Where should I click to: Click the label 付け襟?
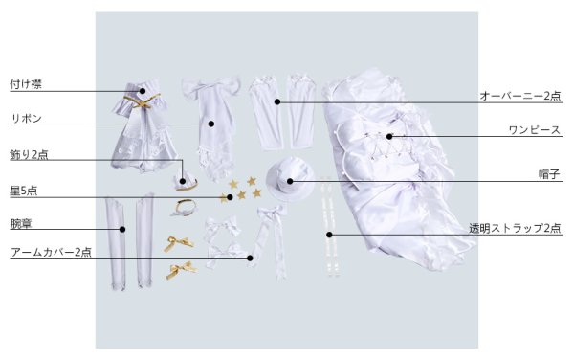26,84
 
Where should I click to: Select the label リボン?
27,119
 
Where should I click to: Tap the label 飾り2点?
29,154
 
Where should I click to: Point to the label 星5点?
23,191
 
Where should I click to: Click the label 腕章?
21,223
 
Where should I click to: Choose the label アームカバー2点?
51,252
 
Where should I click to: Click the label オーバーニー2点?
520,96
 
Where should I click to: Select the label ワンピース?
535,130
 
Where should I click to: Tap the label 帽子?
549,174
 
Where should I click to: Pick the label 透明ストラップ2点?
515,228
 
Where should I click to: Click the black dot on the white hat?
290,181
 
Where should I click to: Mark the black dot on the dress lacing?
389,137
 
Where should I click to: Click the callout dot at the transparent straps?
329,235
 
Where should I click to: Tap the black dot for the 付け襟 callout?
142,91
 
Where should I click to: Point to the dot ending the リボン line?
211,124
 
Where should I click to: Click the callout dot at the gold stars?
230,197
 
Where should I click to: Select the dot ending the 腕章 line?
122,229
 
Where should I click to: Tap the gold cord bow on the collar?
142,101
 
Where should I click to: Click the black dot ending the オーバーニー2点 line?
277,101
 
